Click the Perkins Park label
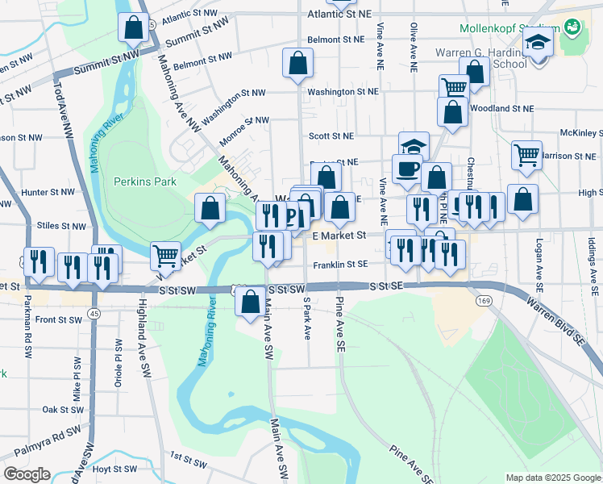pyautogui.click(x=144, y=182)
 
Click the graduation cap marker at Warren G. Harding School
pyautogui.click(x=538, y=44)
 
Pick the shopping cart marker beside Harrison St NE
pyautogui.click(x=526, y=154)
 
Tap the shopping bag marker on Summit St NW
pyautogui.click(x=132, y=27)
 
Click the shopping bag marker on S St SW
pyautogui.click(x=251, y=302)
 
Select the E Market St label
pyautogui.click(x=339, y=236)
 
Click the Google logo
pyautogui.click(x=26, y=474)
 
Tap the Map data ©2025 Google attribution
pyautogui.click(x=552, y=478)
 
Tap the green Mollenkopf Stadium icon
pyautogui.click(x=572, y=27)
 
